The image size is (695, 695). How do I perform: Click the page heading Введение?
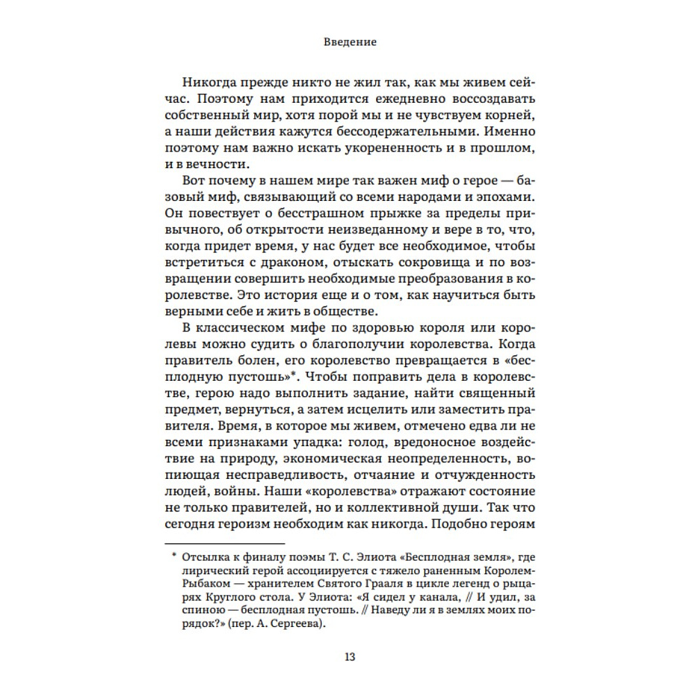click(350, 42)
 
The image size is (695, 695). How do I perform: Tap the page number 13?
click(350, 657)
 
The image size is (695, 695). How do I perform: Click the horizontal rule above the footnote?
click(224, 543)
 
